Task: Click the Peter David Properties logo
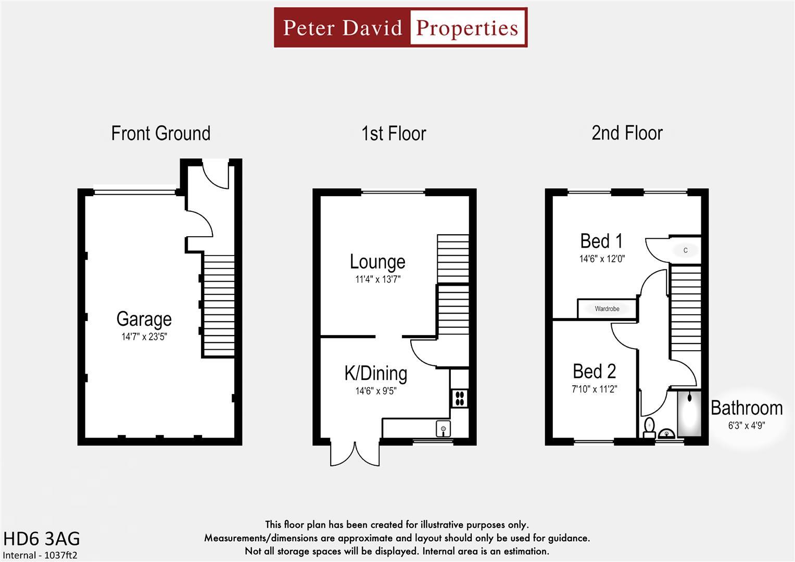pyautogui.click(x=400, y=28)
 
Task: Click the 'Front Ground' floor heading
pyautogui.click(x=160, y=133)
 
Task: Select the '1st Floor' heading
pyautogui.click(x=394, y=134)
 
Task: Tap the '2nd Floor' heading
pyautogui.click(x=627, y=133)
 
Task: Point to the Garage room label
pyautogui.click(x=144, y=319)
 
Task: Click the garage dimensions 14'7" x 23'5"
pyautogui.click(x=144, y=337)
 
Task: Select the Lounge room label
pyautogui.click(x=377, y=262)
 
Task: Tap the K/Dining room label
pyautogui.click(x=375, y=373)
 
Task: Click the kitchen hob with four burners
pyautogui.click(x=460, y=399)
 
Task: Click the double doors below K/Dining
pyautogui.click(x=355, y=454)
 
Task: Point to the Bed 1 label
pyautogui.click(x=601, y=241)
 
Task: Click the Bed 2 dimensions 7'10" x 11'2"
pyautogui.click(x=594, y=389)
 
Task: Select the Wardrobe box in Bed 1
pyautogui.click(x=607, y=309)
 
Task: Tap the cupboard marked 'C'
pyautogui.click(x=685, y=250)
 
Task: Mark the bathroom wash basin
pyautogui.click(x=667, y=433)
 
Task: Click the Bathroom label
pyautogui.click(x=746, y=408)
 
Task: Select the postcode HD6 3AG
pyautogui.click(x=42, y=539)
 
